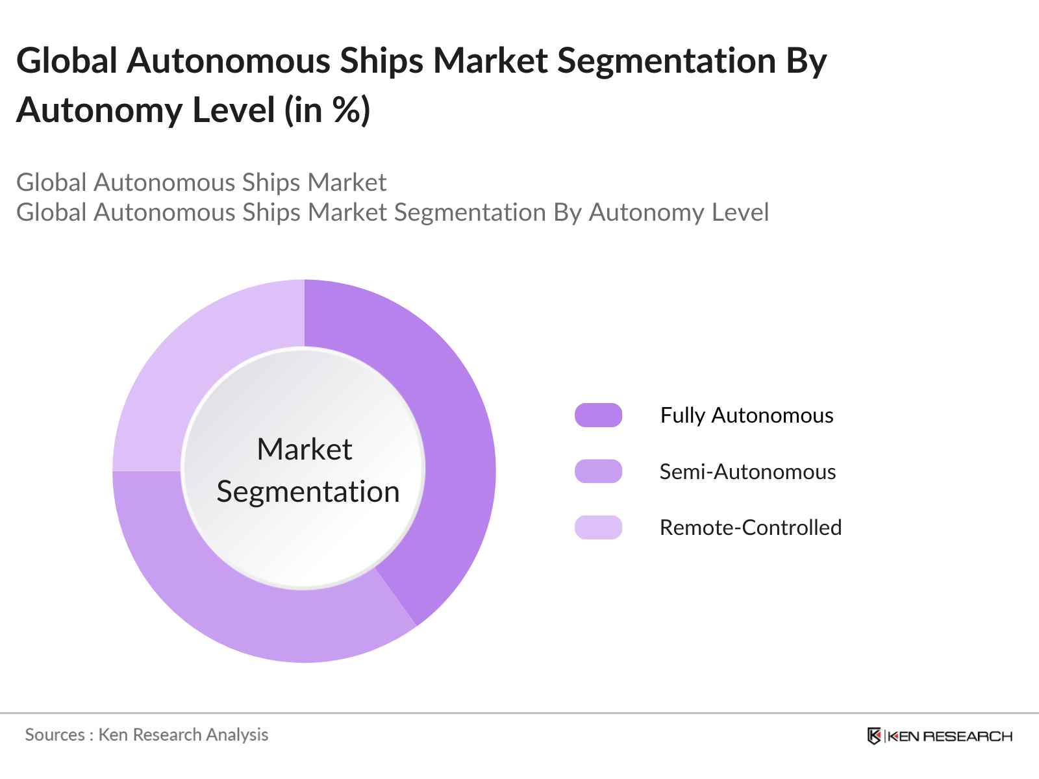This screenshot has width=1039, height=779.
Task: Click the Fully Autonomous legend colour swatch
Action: coord(598,415)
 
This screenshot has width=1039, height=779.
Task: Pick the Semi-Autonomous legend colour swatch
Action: coord(598,471)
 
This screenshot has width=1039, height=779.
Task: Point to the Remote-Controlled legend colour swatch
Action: coord(598,527)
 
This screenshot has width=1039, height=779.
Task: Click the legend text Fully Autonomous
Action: coord(747,415)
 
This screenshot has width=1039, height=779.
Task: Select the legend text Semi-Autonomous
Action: coord(747,472)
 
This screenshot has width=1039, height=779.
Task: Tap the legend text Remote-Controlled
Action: coord(751,528)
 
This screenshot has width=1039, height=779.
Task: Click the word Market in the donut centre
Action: coord(304,449)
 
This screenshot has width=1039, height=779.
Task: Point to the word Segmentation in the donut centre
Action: coord(308,492)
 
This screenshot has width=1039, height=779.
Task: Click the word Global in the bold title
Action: coord(67,61)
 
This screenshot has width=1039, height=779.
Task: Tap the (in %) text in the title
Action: coord(327,110)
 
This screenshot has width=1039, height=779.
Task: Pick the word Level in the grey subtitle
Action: coord(739,213)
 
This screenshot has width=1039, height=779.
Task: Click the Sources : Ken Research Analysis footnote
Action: coord(147,735)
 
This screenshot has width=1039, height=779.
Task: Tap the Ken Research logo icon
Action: coord(874,736)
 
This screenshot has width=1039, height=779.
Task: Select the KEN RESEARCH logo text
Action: coord(949,736)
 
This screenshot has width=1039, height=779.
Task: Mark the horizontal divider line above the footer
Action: coord(519,713)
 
